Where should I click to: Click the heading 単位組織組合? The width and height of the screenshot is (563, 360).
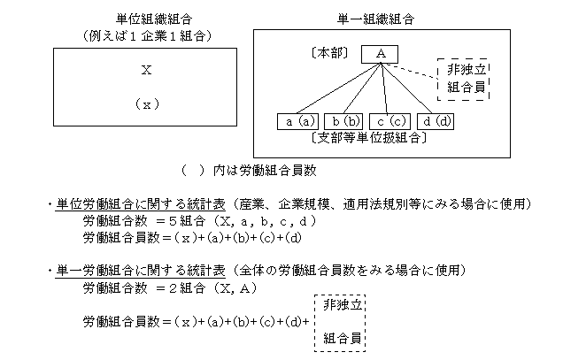point(154,19)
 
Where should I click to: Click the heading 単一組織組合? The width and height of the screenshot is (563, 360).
point(375,19)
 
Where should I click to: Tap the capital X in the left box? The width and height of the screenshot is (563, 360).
point(146,70)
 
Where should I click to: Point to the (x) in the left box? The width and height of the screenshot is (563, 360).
point(147,104)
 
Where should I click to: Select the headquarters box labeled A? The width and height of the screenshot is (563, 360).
point(380,54)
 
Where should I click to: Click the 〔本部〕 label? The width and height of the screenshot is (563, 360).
point(329,53)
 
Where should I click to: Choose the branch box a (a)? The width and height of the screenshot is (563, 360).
point(298,121)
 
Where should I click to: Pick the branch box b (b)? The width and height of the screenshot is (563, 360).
point(343,121)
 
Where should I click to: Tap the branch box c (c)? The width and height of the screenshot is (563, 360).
point(389,121)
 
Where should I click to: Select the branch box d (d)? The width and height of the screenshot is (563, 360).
point(436,121)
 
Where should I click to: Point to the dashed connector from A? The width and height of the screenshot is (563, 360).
point(409,71)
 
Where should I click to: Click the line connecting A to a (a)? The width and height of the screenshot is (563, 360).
point(338,88)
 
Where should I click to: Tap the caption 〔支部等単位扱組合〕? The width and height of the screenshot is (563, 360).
point(369,138)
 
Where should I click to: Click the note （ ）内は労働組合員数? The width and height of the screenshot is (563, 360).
point(249,171)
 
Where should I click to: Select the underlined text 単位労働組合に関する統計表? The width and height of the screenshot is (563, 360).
point(141,204)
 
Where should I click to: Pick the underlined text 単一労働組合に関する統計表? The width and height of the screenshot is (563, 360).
point(141,271)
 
